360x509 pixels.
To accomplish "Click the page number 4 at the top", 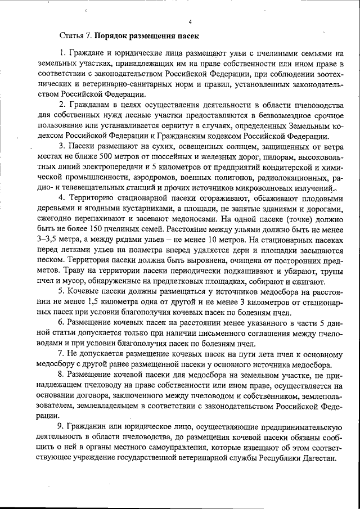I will tap(191, 22).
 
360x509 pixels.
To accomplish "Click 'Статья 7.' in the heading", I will tap(76, 35).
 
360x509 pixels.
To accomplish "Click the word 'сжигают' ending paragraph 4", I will tap(307, 281).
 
